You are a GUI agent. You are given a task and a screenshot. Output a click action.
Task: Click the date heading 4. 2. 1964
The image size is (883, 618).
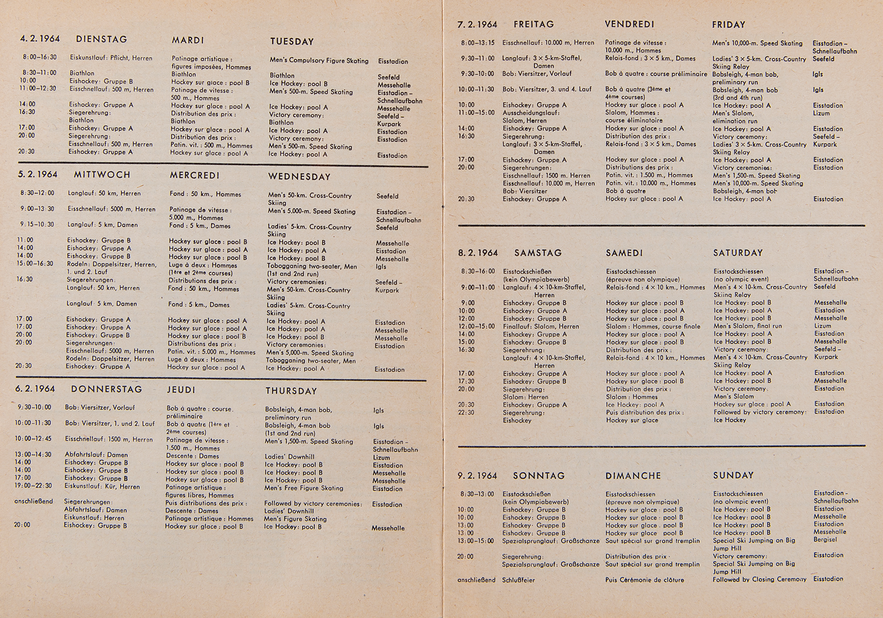pos(40,39)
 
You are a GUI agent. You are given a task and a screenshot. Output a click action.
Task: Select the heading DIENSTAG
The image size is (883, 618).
pos(102,39)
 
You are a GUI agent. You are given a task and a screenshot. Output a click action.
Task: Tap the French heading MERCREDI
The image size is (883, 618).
pos(194,175)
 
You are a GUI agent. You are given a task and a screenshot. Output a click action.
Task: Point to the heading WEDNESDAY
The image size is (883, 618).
pos(299,177)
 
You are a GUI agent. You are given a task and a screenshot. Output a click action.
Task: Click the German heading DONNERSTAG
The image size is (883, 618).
pos(106,389)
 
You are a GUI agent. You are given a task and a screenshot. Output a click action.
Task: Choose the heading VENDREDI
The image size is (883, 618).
pos(630,24)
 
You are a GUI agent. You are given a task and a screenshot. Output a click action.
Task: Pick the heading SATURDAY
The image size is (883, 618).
pos(738,253)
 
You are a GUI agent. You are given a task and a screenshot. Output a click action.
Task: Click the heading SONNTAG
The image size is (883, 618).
pos(539,476)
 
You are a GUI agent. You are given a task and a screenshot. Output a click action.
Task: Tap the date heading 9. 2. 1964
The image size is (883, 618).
pos(477,476)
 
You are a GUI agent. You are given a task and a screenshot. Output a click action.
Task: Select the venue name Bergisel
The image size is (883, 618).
pos(825,539)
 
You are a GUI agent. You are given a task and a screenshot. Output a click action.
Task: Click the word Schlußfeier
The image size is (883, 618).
pos(518,580)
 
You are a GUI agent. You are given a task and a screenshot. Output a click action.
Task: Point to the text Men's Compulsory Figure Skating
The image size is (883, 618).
pos(319,61)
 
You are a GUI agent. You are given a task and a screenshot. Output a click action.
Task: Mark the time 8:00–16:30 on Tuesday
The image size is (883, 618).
pos(40,57)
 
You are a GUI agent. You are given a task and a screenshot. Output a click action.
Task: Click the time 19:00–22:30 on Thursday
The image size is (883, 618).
pos(33,486)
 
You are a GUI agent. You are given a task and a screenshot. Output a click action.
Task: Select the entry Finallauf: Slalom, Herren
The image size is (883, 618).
pos(541,327)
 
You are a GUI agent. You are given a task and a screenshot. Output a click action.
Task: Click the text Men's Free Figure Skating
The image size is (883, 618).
pos(304,488)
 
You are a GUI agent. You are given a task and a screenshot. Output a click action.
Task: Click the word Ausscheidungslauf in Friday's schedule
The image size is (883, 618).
pos(525,113)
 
